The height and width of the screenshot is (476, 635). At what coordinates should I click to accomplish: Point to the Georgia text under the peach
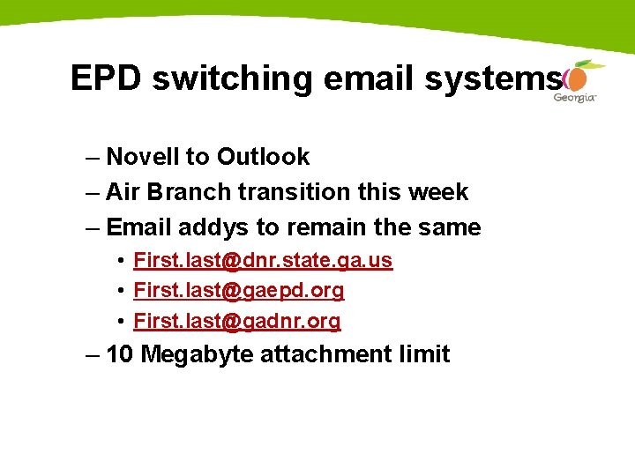(x=574, y=98)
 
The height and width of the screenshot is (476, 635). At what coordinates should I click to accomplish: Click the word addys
(x=213, y=227)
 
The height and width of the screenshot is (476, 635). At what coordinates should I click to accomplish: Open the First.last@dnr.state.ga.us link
(x=262, y=261)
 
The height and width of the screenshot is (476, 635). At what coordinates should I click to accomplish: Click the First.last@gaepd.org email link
(x=238, y=290)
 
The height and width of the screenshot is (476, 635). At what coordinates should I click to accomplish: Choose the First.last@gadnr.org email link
(x=236, y=322)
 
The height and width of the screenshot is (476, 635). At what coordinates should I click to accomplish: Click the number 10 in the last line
(x=119, y=354)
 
